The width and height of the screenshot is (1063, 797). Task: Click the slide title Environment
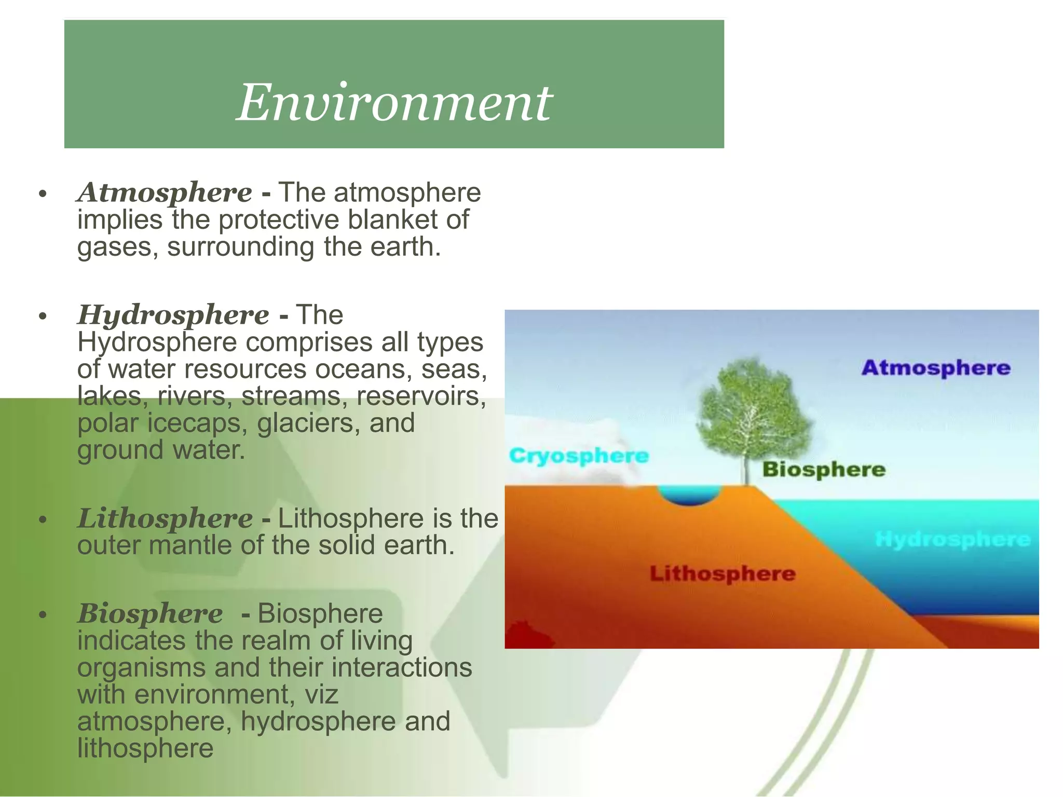pyautogui.click(x=394, y=103)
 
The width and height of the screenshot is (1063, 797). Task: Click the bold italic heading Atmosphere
pyautogui.click(x=165, y=193)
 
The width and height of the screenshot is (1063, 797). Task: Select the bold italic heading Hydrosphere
pyautogui.click(x=173, y=315)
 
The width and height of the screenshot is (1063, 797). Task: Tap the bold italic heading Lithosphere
pyautogui.click(x=165, y=518)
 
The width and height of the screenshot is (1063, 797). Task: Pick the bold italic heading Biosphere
pyautogui.click(x=150, y=613)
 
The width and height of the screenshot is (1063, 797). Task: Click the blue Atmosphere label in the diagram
pyautogui.click(x=936, y=368)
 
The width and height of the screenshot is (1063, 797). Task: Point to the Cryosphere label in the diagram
pyautogui.click(x=579, y=456)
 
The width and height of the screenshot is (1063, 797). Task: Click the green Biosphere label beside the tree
pyautogui.click(x=824, y=469)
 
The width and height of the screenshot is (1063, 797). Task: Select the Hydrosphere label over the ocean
pyautogui.click(x=952, y=540)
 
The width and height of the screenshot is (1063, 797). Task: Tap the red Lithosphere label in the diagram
pyautogui.click(x=723, y=573)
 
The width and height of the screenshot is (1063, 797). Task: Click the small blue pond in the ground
pyautogui.click(x=689, y=495)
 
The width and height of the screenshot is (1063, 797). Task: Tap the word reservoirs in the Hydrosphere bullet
pyautogui.click(x=421, y=396)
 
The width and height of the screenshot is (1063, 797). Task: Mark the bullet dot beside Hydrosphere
pyautogui.click(x=43, y=316)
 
